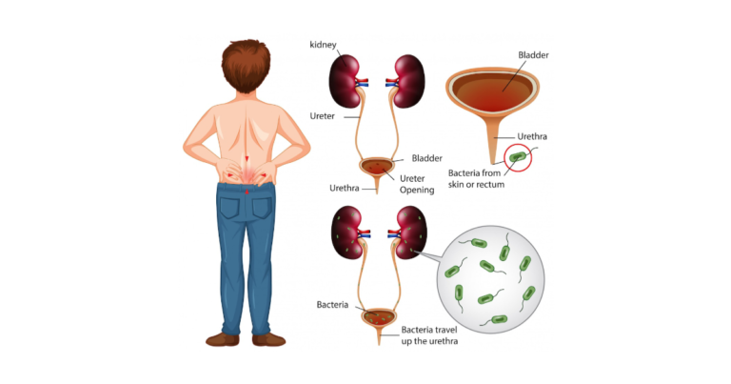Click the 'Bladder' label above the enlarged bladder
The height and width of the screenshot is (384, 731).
(x=532, y=56)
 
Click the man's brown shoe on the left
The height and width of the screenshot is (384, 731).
(x=222, y=338)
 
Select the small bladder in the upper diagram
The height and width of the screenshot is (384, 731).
(x=377, y=168)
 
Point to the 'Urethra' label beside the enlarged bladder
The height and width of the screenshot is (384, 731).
(x=530, y=136)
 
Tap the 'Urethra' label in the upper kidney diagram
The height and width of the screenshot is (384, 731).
(x=343, y=188)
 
